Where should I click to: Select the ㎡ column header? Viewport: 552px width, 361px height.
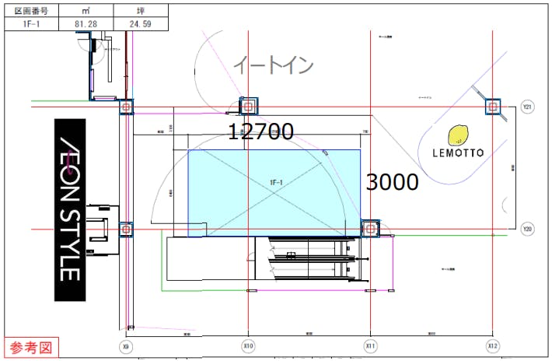pyautogui.click(x=85, y=9)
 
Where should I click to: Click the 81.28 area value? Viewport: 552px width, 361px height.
pyautogui.click(x=85, y=23)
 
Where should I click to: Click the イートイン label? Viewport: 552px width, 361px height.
pyautogui.click(x=273, y=65)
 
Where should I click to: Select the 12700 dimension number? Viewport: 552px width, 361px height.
pyautogui.click(x=260, y=132)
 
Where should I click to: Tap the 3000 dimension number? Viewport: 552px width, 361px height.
pyautogui.click(x=392, y=183)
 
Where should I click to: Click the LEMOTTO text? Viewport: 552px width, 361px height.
pyautogui.click(x=459, y=152)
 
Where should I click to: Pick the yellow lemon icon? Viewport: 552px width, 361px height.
pyautogui.click(x=459, y=135)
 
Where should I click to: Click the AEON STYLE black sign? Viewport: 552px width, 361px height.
pyautogui.click(x=69, y=209)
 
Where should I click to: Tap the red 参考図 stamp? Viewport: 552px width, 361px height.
pyautogui.click(x=30, y=347)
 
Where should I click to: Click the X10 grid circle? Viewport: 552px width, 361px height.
pyautogui.click(x=248, y=345)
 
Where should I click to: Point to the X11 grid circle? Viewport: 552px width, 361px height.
pyautogui.click(x=370, y=345)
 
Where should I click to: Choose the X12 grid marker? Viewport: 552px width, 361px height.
pyautogui.click(x=491, y=345)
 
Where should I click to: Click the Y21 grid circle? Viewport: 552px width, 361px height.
pyautogui.click(x=527, y=107)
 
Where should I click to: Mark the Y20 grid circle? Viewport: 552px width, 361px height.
pyautogui.click(x=527, y=230)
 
